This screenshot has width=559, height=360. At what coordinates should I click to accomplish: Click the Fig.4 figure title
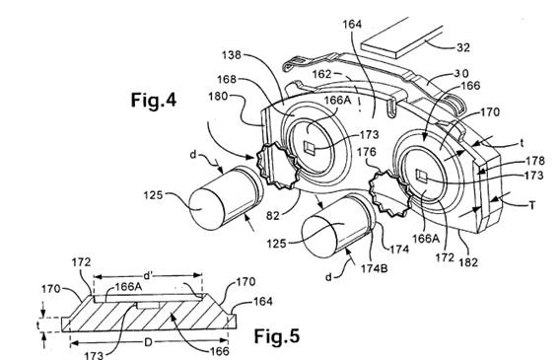[x=154, y=100]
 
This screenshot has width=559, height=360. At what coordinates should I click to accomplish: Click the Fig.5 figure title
[x=277, y=336]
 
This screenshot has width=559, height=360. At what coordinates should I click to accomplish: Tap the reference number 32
[x=462, y=47]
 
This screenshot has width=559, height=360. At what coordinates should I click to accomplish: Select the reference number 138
[x=232, y=55]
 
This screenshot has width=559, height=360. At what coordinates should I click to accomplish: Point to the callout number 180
[x=218, y=97]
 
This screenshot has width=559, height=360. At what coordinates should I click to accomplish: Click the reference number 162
[x=322, y=74]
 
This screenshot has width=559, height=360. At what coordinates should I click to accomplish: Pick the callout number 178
[x=535, y=161]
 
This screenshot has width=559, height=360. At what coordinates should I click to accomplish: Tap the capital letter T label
[x=532, y=205]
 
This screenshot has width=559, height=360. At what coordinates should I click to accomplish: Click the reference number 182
[x=468, y=262]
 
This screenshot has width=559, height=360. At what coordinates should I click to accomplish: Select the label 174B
[x=374, y=268]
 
